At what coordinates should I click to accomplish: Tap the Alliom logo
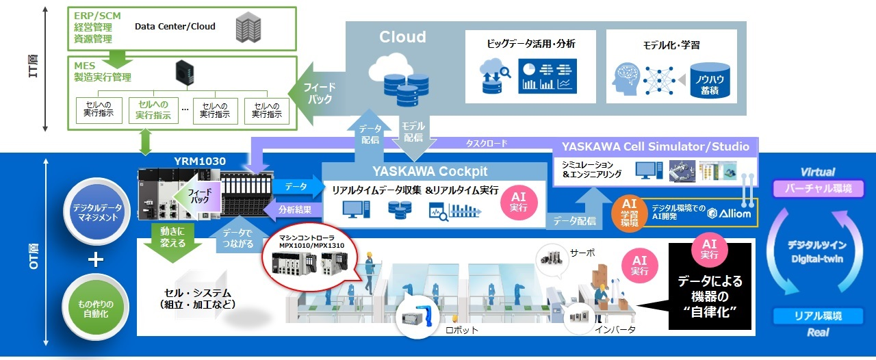tap(730, 214)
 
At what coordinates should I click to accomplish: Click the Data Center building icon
tap(248, 27)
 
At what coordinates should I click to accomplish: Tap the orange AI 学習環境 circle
tap(630, 212)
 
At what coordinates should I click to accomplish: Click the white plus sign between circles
tap(96, 260)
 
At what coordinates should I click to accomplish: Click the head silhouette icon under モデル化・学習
tap(630, 79)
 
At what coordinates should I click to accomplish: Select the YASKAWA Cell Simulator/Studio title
tap(655, 146)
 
